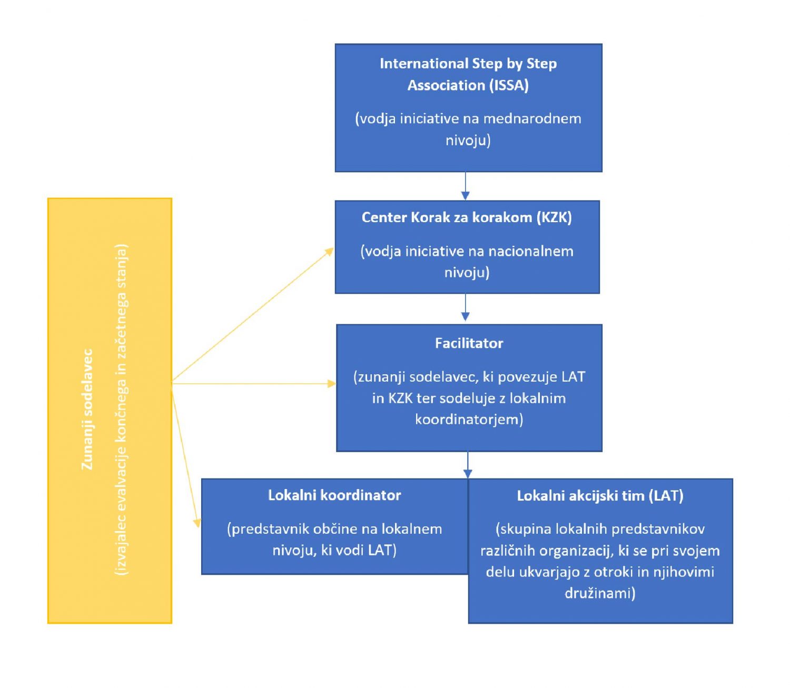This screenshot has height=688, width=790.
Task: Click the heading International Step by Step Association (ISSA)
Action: point(468,74)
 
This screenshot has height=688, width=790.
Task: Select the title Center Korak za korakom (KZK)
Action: point(467,217)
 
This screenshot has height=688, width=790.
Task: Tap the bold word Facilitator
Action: point(469,343)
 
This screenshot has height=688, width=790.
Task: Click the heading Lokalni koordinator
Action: point(334,495)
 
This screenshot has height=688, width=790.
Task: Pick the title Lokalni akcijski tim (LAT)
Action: point(600,496)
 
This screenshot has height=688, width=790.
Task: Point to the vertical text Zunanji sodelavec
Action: point(87,410)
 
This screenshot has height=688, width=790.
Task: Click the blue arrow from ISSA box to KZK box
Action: point(466,186)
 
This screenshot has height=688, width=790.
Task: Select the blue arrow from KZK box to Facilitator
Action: point(466,308)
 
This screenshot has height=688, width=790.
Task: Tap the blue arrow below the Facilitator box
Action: point(468,465)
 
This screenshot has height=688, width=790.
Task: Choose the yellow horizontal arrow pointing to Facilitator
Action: point(253,384)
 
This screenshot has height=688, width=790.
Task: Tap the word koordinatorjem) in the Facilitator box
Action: point(469,420)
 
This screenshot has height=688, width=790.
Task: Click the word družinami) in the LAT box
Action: point(600,594)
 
